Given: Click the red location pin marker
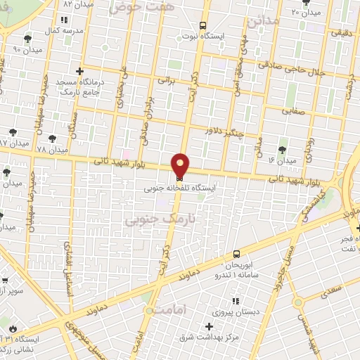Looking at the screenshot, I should [x=181, y=165].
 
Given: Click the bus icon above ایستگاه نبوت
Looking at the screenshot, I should [x=204, y=23].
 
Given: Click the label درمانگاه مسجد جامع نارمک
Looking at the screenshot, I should [x=79, y=87].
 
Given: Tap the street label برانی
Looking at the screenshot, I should [x=165, y=81].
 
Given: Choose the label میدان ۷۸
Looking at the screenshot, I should [x=51, y=150].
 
